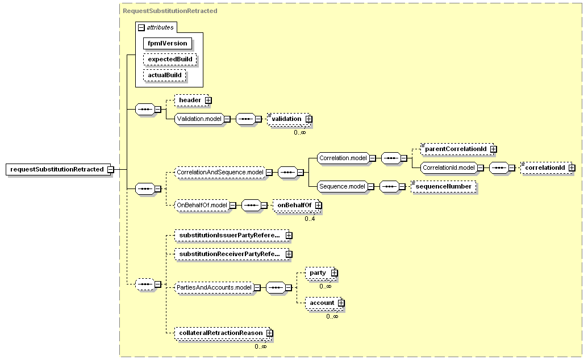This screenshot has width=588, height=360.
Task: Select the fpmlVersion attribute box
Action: coord(167,44)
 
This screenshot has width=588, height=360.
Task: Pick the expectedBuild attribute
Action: coord(170,59)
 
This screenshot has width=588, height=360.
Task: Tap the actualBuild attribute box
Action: coord(165,75)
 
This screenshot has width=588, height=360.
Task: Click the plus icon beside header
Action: coord(208,100)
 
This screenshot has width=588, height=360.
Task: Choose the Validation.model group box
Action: coord(199,119)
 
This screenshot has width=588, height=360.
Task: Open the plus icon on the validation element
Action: coord(308,119)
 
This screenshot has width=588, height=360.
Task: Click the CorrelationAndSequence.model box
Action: coord(220,173)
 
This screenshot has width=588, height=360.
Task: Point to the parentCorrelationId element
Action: coord(456,149)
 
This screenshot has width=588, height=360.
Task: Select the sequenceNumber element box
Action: coord(444,186)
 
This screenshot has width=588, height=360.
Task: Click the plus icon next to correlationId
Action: coord(572,168)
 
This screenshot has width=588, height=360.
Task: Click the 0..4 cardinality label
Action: coord(310,219)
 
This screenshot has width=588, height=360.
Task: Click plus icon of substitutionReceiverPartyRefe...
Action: coord(289,254)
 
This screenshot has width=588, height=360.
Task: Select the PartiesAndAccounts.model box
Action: coord(214,288)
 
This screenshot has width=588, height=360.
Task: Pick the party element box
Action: coord(320,273)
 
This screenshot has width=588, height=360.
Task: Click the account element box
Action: coord(324,303)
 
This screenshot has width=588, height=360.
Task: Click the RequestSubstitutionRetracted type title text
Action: coord(170,11)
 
